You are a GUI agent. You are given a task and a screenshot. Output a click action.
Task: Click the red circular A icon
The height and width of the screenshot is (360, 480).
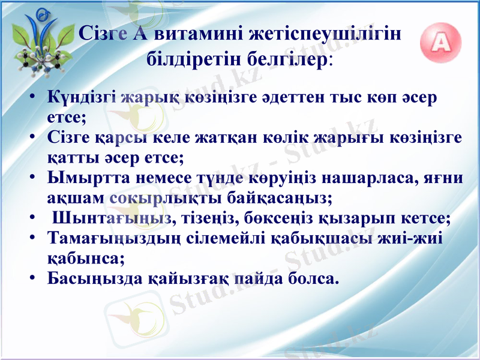coord(442,43)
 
